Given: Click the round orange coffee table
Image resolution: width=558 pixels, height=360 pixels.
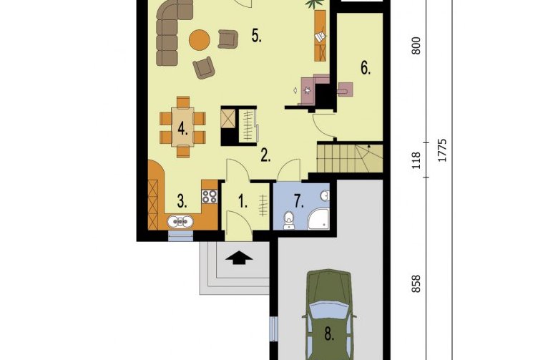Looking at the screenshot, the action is (199, 40).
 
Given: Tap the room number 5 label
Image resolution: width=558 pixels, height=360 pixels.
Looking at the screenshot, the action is (257, 36).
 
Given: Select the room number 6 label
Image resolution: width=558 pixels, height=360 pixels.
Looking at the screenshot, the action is (366, 68).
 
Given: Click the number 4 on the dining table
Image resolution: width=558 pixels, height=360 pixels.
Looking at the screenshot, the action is (182, 128).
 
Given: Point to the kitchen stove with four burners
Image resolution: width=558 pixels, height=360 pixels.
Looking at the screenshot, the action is (209, 197).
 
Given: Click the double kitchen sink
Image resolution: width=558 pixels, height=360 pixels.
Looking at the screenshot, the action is (181, 222).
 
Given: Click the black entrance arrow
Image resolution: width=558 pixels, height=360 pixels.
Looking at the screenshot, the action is (239, 258).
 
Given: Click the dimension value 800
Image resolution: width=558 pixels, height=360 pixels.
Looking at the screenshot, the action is (416, 46).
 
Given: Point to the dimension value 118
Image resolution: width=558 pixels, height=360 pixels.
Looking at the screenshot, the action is (416, 160).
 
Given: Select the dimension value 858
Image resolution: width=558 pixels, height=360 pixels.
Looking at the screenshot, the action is (416, 284).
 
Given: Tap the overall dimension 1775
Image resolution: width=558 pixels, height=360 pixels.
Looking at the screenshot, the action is (442, 150).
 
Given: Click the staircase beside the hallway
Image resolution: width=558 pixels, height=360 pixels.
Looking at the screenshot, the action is (350, 158).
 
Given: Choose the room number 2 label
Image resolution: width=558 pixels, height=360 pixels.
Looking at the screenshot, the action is (265, 155).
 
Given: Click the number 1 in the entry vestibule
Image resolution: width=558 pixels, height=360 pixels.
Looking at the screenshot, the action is (243, 202).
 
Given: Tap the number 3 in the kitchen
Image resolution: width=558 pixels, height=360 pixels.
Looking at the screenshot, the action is (182, 202).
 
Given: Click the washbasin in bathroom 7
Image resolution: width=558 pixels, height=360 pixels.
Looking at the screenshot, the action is (325, 196).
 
